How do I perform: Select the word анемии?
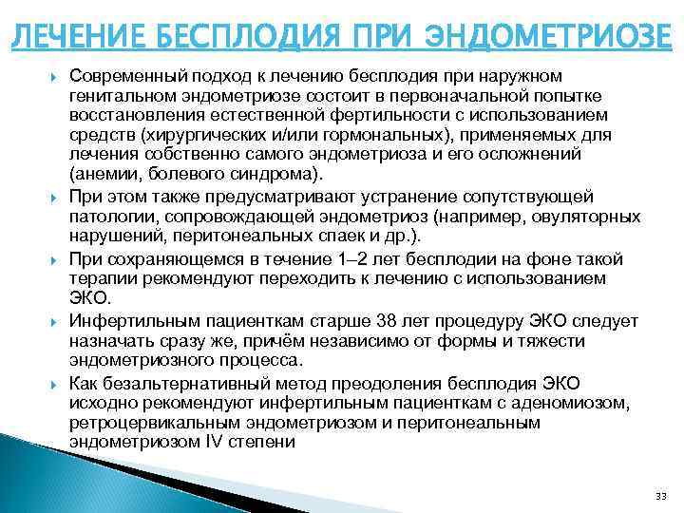pyautogui.click(x=104, y=175)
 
